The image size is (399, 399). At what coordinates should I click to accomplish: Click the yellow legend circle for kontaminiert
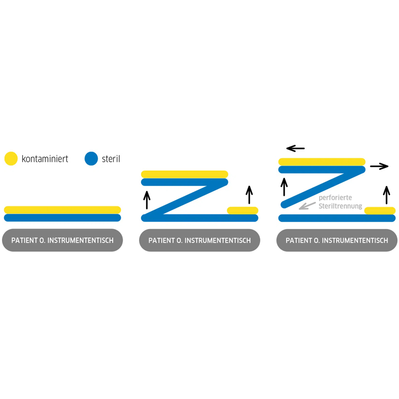11,159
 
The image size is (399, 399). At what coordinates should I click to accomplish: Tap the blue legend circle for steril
91,159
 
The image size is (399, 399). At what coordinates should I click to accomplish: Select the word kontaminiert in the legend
45,159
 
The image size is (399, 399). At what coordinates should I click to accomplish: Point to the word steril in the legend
111,159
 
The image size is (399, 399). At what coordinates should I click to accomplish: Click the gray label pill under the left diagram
62,240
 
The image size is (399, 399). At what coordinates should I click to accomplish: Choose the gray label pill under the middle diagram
199,240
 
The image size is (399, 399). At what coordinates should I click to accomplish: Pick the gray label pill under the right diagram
337,240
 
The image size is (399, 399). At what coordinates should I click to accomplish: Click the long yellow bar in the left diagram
62,210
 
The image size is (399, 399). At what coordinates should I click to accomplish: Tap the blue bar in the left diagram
62,218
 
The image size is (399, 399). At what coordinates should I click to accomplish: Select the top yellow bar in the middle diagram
185,174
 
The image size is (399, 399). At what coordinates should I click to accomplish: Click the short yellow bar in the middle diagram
242,210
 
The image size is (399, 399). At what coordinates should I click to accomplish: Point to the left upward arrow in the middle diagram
147,200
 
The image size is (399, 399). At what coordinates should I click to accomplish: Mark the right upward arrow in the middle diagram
249,195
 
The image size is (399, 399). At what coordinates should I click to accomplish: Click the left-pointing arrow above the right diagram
295,148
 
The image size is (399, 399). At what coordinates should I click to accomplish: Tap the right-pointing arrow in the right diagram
379,167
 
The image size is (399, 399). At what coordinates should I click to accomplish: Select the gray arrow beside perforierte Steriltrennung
307,206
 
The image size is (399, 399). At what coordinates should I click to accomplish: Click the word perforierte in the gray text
335,198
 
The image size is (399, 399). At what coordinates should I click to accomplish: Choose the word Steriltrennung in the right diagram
341,206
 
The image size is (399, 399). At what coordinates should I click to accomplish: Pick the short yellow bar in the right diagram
380,210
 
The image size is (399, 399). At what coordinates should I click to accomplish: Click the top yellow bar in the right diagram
322,162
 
